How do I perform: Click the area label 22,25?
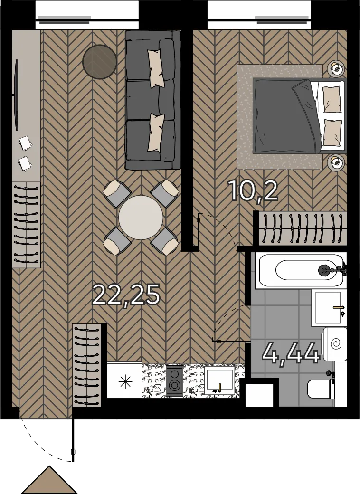[127, 295]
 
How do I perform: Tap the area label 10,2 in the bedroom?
[254, 191]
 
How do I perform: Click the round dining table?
[141, 218]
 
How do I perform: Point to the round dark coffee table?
[100, 62]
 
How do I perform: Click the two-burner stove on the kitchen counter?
[174, 380]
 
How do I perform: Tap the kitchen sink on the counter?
[219, 380]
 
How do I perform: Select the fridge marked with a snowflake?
[125, 380]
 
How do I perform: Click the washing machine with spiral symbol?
[335, 344]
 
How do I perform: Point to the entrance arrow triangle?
[49, 479]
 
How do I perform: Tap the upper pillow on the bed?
[332, 99]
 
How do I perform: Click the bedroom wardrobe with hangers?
[302, 228]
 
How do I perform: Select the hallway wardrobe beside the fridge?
[86, 365]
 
